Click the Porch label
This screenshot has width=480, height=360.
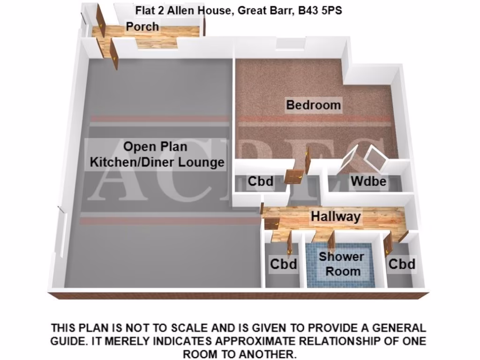tap(142, 27)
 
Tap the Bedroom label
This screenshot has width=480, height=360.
tap(313, 105)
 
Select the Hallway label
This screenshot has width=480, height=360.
tap(336, 217)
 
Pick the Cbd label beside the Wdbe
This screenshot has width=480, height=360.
tap(261, 181)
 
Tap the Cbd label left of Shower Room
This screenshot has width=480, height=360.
tap(283, 264)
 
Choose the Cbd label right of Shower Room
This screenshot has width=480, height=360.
tap(402, 264)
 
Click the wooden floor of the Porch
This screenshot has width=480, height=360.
tap(159, 42)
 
